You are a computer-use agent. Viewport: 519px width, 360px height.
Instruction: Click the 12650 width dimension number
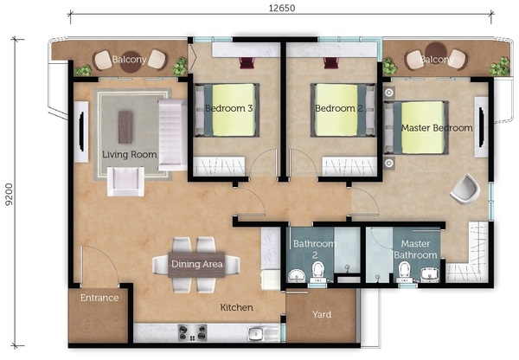[281, 8]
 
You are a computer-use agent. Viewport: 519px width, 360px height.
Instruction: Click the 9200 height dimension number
[9, 194]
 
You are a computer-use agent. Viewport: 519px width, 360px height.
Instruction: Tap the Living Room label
[130, 155]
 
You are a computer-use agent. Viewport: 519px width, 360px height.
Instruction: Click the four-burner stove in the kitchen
[193, 332]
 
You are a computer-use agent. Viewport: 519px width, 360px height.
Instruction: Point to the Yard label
[322, 314]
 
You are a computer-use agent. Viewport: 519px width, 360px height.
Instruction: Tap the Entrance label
[99, 298]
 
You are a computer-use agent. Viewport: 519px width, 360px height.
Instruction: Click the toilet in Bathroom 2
[317, 272]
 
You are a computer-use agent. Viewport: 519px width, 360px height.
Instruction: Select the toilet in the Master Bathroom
[405, 272]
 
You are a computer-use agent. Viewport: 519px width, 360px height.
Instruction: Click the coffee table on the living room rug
[125, 127]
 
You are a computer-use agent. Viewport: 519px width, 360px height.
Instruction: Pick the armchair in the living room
[125, 181]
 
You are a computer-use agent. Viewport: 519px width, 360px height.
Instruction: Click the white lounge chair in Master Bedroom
[465, 190]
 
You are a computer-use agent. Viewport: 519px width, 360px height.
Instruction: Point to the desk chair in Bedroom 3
[247, 62]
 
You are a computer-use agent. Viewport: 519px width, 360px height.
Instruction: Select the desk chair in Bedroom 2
[331, 62]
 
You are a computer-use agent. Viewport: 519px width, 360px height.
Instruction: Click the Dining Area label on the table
[197, 264]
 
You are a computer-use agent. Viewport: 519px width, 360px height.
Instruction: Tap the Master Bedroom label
[437, 128]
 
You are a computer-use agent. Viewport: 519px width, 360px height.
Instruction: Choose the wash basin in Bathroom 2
[297, 276]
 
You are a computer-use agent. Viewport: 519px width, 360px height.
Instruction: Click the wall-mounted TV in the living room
[81, 132]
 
